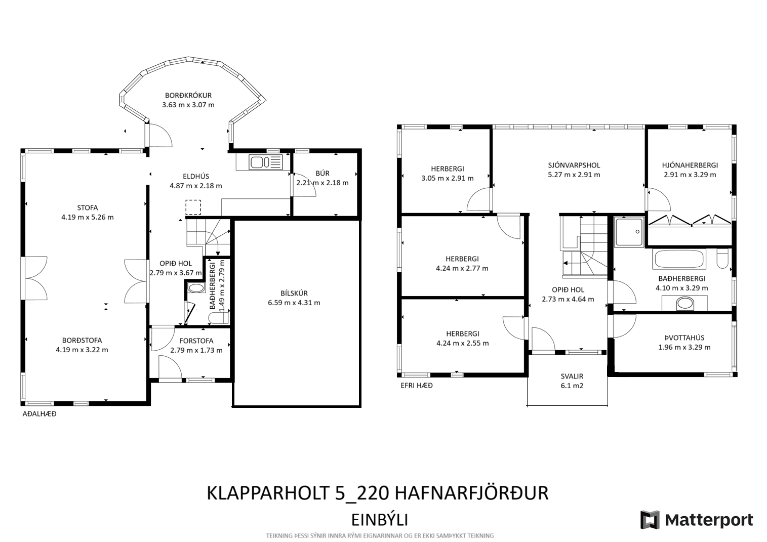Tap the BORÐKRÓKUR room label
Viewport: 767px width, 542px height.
(188, 96)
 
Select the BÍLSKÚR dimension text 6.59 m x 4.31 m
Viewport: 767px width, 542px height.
(294, 303)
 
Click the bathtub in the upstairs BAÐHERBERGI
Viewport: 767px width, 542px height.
(679, 260)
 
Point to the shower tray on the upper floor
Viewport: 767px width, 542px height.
(630, 232)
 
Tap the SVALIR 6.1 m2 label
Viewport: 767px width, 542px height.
(572, 381)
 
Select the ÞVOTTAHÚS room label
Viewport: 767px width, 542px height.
(684, 338)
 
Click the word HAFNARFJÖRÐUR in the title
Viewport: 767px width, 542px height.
(471, 493)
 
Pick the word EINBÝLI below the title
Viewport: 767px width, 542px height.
(380, 520)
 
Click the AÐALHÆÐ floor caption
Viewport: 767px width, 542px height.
(39, 413)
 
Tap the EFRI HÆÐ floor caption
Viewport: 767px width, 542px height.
(417, 385)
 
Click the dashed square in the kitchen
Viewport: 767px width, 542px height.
(193, 207)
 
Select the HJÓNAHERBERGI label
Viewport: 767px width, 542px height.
(690, 165)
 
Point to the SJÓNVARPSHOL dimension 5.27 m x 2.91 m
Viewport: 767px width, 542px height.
(574, 175)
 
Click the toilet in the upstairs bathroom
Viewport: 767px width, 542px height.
(722, 259)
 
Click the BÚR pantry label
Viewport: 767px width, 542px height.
(322, 174)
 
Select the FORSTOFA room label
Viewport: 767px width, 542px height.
(196, 341)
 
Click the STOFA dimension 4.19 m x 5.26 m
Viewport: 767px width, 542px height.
(88, 217)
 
